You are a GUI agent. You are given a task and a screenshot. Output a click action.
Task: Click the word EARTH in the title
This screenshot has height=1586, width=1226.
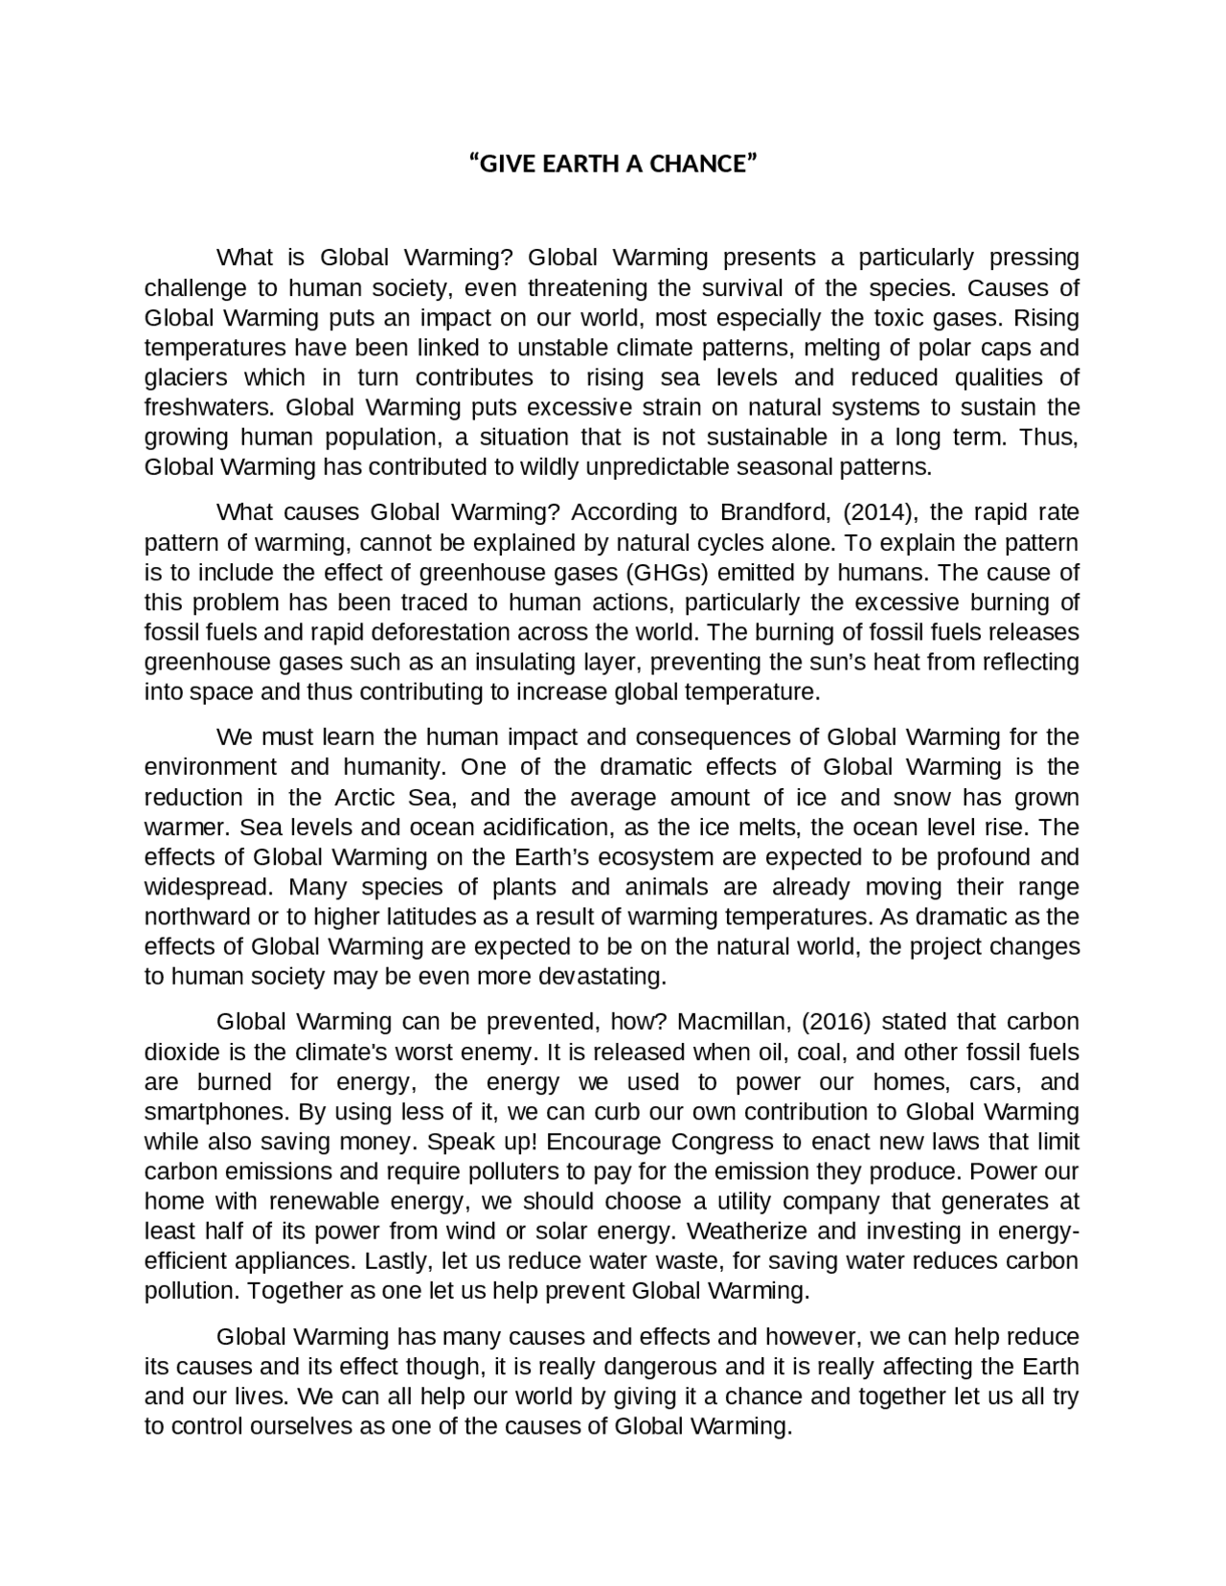(573, 164)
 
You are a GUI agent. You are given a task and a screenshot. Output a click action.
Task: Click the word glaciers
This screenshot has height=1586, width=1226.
(184, 377)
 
